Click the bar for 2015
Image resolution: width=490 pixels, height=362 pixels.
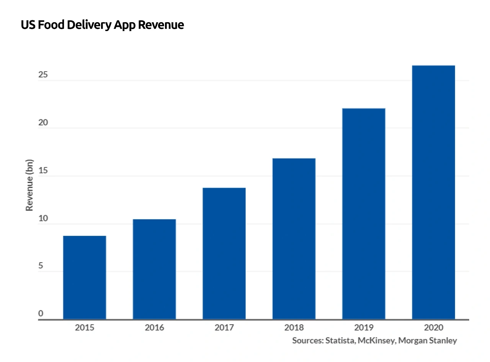85,277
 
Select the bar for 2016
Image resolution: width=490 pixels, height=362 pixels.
154,269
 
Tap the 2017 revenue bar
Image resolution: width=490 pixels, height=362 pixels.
224,253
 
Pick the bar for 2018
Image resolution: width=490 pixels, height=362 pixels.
294,239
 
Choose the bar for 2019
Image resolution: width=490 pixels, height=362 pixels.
364,214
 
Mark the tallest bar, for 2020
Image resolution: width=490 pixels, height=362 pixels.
433,192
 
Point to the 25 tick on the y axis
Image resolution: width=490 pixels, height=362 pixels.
43,75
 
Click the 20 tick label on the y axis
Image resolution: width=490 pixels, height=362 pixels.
43,123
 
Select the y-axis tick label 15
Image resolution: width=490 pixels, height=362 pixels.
43,170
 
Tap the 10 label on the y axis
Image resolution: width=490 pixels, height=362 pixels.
43,218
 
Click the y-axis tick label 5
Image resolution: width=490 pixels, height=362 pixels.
41,266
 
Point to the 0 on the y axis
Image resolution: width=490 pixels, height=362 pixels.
41,314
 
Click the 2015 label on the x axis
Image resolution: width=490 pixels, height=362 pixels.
85,328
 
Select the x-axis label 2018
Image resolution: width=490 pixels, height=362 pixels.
294,328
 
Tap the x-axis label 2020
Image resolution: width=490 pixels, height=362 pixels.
433,328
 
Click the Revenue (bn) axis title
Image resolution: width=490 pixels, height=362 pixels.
29,185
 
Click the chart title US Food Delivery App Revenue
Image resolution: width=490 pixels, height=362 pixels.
102,25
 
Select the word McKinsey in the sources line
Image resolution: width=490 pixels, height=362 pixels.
376,340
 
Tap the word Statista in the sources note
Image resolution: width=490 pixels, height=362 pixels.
340,340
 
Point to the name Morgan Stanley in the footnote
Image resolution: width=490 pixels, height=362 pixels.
428,340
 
